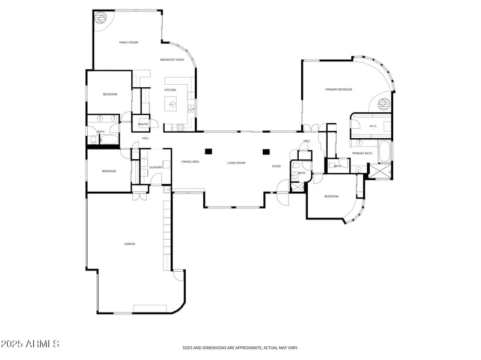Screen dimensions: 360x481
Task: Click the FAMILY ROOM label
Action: pos(129,43)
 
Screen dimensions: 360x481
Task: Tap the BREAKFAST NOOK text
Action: pos(172,60)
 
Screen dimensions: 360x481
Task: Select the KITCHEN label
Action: pos(171,90)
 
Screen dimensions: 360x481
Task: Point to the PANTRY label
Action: pos(143,124)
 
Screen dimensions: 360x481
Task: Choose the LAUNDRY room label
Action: pos(155,168)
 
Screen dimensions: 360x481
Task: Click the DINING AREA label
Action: pos(191,162)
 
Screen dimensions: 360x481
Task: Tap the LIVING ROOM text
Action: pos(236,163)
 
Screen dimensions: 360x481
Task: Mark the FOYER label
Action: pos(277,166)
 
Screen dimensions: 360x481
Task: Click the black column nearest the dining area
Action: pos(209,151)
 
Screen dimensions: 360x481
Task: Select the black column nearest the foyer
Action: pos(266,151)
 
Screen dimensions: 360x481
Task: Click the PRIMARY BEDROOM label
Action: pos(339,90)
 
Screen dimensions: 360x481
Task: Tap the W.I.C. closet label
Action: pos(373,126)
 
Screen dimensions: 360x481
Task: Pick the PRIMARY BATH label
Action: pos(363,153)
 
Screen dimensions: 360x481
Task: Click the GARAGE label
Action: pos(129,244)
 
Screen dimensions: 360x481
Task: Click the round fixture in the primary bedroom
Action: pos(384,104)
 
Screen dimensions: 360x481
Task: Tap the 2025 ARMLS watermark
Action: pos(30,344)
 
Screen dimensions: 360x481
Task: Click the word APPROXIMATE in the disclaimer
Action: pos(247,347)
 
